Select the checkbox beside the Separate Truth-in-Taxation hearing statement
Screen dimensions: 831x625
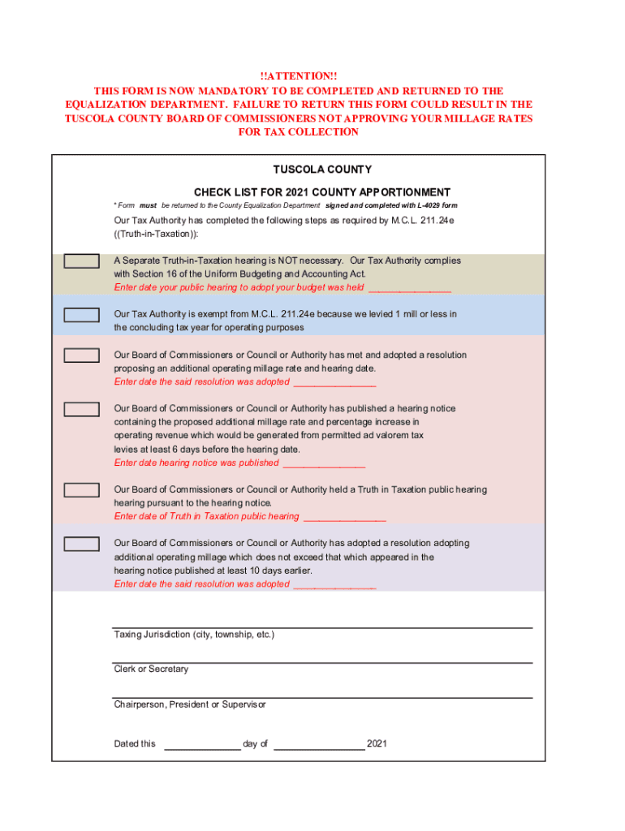click(x=82, y=261)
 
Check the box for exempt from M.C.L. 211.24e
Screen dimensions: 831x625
click(x=82, y=314)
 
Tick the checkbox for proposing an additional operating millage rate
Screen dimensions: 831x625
click(x=82, y=355)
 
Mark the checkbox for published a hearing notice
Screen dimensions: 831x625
click(x=82, y=409)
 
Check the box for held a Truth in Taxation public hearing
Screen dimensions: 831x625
click(x=82, y=490)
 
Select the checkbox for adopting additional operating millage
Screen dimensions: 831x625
click(x=82, y=544)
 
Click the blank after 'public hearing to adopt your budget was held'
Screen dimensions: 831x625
click(x=410, y=287)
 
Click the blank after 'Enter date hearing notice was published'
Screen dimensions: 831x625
click(x=324, y=463)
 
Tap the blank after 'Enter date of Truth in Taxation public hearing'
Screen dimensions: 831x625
click(x=344, y=516)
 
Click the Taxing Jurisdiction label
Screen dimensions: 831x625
click(x=194, y=635)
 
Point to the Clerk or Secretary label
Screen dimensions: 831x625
click(x=151, y=670)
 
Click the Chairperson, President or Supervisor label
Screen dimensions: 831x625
click(x=190, y=704)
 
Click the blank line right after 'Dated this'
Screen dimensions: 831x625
click(x=202, y=743)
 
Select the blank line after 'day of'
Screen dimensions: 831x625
click(x=319, y=743)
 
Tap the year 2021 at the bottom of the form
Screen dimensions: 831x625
click(x=377, y=743)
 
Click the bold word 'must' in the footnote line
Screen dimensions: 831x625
click(x=148, y=205)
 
